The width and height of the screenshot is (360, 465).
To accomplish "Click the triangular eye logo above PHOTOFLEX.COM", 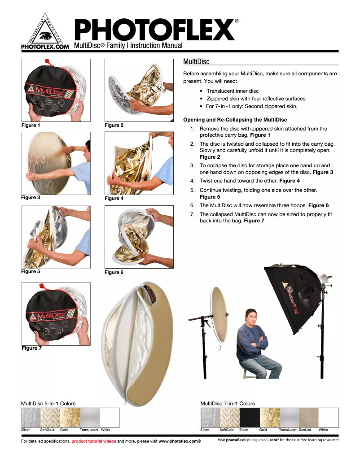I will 44,31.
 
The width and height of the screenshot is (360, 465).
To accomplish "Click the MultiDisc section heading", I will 197,61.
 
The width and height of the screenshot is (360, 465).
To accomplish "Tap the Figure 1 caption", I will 31,125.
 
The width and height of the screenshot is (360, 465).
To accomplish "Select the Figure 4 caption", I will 114,198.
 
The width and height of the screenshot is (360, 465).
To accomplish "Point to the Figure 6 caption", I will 114,272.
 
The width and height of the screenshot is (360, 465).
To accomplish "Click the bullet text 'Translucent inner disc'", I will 233,91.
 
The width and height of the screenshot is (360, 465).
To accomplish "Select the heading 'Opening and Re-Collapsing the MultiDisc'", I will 235,120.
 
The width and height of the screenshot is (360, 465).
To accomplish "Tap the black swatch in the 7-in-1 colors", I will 249,417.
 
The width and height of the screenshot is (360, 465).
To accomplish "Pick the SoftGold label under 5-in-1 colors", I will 47,430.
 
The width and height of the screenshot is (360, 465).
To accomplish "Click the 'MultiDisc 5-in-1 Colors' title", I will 48,404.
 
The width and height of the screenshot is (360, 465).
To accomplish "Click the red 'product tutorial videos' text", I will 94,442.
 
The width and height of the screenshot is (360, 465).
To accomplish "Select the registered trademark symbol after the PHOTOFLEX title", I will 237,21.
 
